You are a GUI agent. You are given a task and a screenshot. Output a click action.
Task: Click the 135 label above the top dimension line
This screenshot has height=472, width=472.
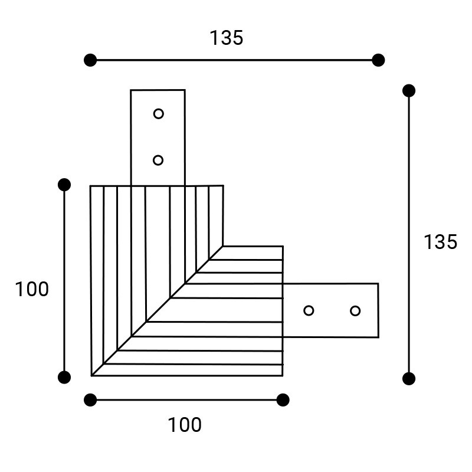[227, 38]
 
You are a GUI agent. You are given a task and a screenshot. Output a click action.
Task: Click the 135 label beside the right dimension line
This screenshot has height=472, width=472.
[440, 242]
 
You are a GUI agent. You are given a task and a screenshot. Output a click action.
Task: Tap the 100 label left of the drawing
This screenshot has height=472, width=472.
[32, 289]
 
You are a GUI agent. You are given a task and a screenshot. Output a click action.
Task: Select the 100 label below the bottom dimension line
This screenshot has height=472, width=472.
[185, 425]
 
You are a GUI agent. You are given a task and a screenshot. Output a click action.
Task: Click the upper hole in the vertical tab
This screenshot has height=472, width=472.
[158, 114]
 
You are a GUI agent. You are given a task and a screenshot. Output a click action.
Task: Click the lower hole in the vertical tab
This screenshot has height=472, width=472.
[158, 160]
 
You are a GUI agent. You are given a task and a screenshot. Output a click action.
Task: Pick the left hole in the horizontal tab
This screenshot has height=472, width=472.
[309, 310]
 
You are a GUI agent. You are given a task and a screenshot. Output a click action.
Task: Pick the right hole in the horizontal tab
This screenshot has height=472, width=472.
[355, 311]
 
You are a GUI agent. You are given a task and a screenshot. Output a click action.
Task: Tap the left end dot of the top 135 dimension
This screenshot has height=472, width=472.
[90, 60]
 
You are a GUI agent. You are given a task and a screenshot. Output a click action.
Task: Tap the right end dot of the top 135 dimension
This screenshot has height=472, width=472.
[378, 60]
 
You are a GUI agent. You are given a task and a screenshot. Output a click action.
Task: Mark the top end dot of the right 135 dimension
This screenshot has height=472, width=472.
[409, 91]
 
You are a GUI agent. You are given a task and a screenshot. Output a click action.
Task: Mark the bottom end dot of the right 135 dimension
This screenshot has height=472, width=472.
[409, 378]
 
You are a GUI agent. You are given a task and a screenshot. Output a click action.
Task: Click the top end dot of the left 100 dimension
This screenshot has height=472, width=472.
[64, 185]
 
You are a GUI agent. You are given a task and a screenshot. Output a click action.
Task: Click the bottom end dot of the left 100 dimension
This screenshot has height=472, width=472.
[64, 377]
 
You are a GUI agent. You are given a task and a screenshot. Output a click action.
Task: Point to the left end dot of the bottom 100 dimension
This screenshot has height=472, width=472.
[90, 400]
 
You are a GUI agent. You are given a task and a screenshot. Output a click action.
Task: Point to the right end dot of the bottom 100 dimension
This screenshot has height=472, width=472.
[283, 400]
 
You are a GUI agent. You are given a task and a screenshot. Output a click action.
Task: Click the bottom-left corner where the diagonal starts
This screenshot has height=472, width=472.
[91, 376]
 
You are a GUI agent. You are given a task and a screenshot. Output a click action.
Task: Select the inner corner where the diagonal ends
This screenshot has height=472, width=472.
[223, 246]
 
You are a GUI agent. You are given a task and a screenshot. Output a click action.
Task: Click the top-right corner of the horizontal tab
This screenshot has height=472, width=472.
[378, 284]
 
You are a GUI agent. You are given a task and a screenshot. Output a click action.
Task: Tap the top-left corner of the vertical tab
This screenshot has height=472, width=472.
[130, 90]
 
